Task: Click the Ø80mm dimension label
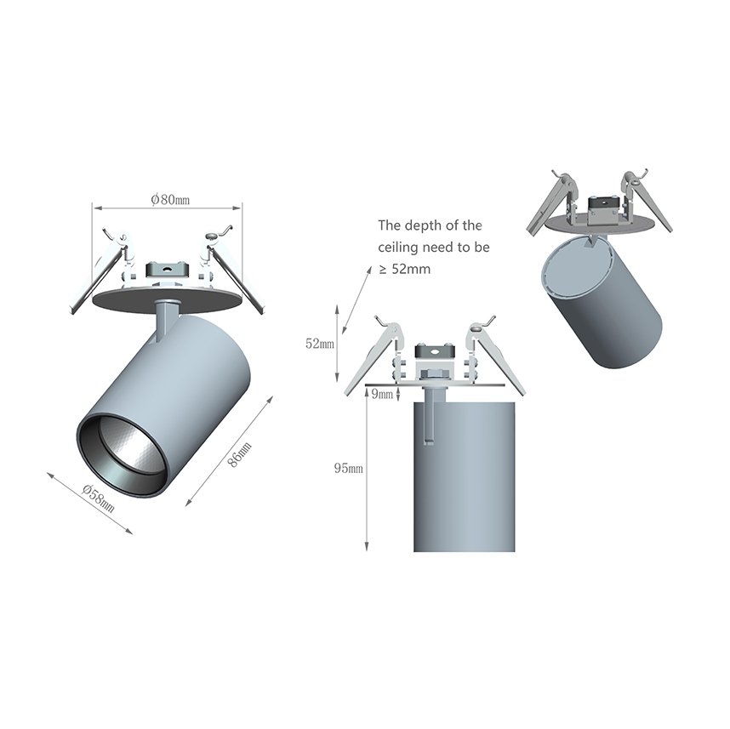coord(170,200)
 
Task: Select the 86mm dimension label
coord(240,454)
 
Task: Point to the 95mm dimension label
coord(348,469)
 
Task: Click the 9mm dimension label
coord(382,395)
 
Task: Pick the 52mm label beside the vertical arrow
coord(319,344)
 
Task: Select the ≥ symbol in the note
coord(383,269)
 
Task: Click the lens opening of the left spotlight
coord(123,454)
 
